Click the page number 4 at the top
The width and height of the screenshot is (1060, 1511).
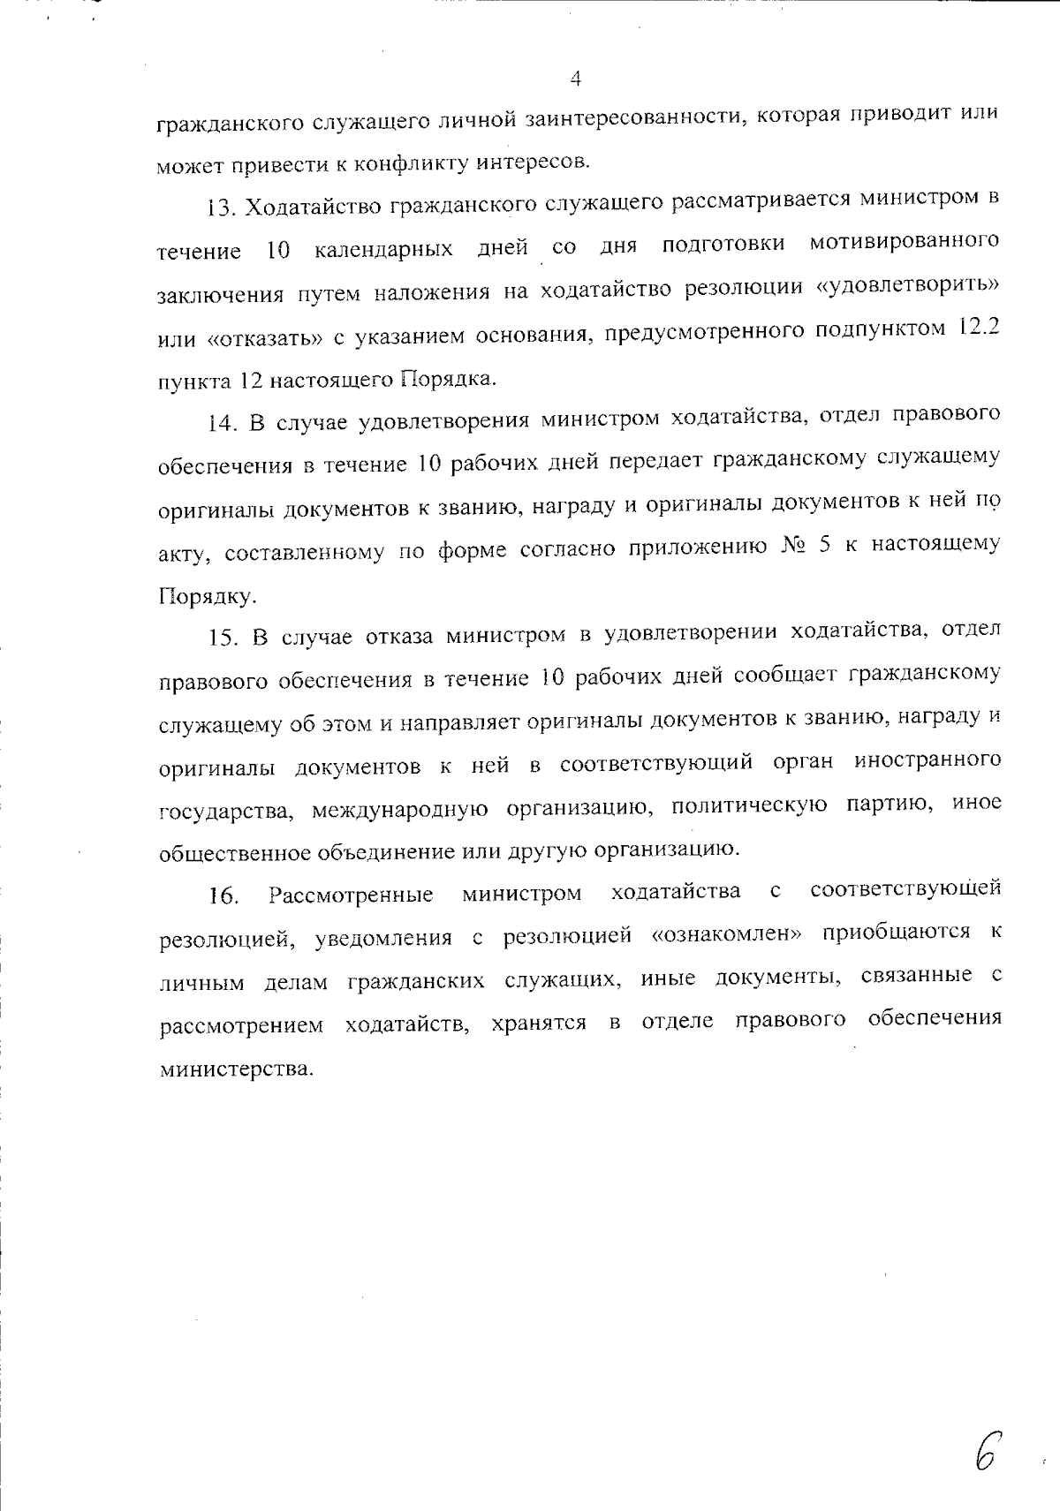click(575, 79)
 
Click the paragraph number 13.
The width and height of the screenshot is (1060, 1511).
click(219, 208)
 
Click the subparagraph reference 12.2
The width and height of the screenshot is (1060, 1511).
click(980, 329)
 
